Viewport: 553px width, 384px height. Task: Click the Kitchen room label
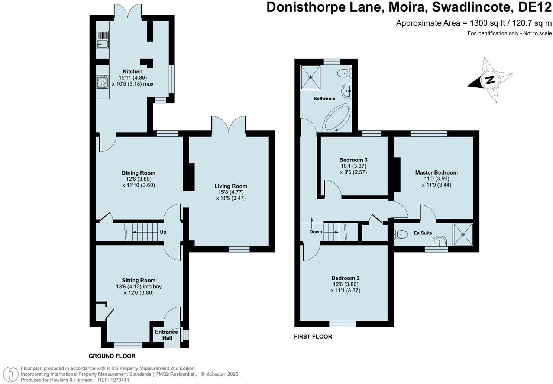pyautogui.click(x=133, y=71)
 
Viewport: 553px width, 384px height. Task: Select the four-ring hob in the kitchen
pyautogui.click(x=102, y=81)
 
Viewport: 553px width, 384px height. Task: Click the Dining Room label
pyautogui.click(x=139, y=173)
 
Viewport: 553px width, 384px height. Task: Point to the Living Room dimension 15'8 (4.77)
pyautogui.click(x=231, y=192)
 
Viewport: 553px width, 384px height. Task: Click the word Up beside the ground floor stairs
pyautogui.click(x=163, y=232)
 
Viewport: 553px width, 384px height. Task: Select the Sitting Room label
pyautogui.click(x=139, y=280)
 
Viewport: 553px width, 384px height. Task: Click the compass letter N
pyautogui.click(x=491, y=80)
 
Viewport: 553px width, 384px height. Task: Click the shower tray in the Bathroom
pyautogui.click(x=311, y=77)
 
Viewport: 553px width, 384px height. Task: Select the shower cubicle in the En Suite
pyautogui.click(x=463, y=234)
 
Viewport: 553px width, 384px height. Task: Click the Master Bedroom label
pyautogui.click(x=436, y=172)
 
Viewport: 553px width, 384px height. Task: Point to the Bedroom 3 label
pyautogui.click(x=353, y=160)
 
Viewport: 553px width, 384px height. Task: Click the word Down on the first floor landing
pyautogui.click(x=316, y=232)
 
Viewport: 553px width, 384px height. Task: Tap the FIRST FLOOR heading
pyautogui.click(x=313, y=337)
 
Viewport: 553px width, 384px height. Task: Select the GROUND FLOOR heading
pyautogui.click(x=112, y=356)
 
